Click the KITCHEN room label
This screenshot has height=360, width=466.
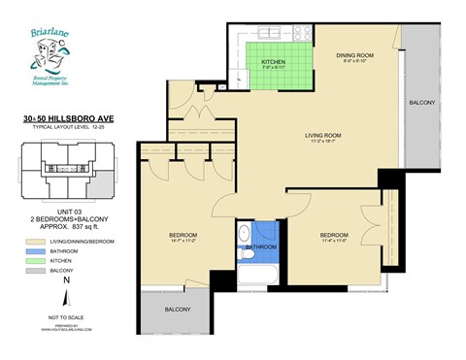(x=273, y=63)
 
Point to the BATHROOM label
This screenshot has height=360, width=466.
(x=260, y=246)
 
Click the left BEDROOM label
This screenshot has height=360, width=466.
(x=183, y=236)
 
